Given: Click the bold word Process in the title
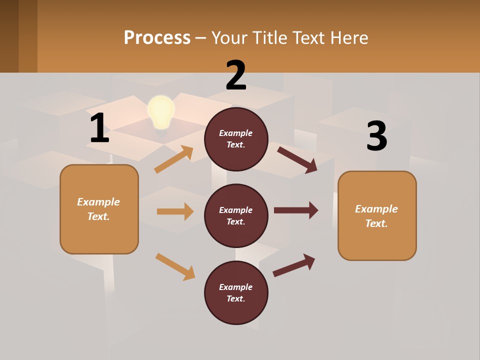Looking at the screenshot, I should point(157,38).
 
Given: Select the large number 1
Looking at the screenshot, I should point(99,128).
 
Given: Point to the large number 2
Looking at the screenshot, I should point(236,76).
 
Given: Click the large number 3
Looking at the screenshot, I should point(376,136).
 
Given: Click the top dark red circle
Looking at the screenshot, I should point(236,139).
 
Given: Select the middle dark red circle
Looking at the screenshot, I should point(236,216).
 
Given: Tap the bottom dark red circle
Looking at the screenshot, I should point(236,293).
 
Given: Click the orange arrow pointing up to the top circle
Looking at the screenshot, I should point(174,159).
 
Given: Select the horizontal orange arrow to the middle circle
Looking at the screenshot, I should point(175,211).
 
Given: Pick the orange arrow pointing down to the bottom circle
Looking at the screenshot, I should point(175,266).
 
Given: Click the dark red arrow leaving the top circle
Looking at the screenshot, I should point(297,159).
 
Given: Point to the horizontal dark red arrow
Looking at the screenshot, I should point(296,210).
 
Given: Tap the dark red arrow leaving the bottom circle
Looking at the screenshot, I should point(294,265).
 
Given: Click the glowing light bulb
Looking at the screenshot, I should point(161,113).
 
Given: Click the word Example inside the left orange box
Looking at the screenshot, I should point(98,202).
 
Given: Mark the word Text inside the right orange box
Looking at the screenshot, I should point(376,223).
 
